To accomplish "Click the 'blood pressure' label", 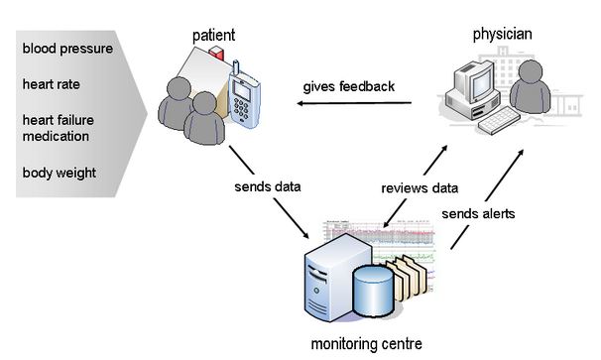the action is click(67, 49).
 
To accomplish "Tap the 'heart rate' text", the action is click(51, 84).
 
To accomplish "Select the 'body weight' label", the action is click(60, 173).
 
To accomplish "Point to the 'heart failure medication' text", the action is click(58, 128).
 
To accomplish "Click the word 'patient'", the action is click(213, 36).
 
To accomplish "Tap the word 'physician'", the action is click(502, 35).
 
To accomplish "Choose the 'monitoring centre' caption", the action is click(366, 343).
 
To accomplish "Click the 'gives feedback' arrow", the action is click(354, 103).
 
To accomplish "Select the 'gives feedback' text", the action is click(348, 86).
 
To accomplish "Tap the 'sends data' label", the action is click(268, 186).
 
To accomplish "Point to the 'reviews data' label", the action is click(420, 188).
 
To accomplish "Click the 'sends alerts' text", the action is click(478, 213).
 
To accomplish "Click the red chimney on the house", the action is click(216, 54).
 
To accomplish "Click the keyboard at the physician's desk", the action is click(499, 120).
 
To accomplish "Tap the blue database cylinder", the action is click(373, 291).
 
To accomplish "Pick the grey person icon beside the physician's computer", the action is click(531, 87).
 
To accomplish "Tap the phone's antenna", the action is click(236, 67).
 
